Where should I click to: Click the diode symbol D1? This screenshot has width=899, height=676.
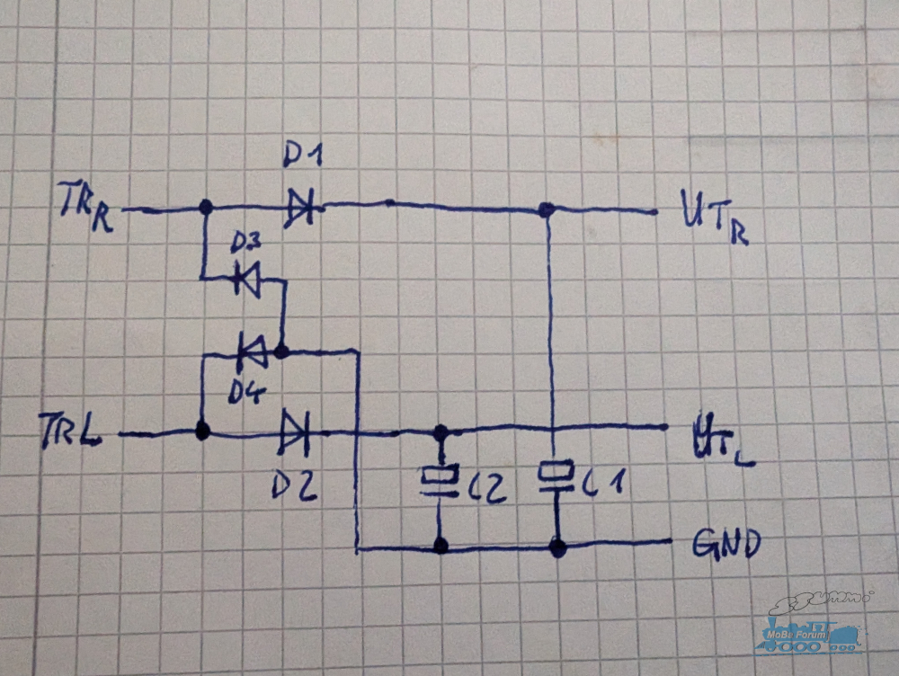click(300, 208)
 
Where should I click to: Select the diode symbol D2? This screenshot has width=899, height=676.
click(295, 433)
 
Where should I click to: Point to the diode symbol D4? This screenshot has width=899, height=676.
click(253, 351)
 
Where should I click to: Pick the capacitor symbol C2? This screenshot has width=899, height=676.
click(440, 481)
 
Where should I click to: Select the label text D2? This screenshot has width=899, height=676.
click(294, 487)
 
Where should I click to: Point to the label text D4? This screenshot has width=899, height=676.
click(247, 392)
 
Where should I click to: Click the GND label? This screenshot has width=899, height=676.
click(726, 543)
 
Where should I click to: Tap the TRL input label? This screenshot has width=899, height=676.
click(70, 430)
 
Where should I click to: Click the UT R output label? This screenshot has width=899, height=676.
click(714, 216)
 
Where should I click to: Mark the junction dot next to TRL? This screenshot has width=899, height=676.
click(201, 430)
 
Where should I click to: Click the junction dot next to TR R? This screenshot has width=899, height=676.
click(205, 207)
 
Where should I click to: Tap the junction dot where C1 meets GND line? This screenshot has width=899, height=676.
click(557, 547)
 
